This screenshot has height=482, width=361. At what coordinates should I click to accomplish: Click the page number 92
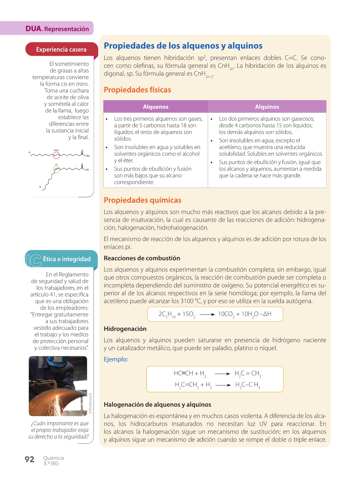29,459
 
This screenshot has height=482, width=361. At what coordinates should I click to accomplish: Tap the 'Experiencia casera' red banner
61,50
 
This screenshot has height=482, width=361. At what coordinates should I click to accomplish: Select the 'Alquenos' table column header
156,107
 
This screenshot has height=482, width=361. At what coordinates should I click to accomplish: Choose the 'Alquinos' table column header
267,107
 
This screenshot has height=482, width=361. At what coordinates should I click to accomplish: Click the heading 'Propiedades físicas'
137,90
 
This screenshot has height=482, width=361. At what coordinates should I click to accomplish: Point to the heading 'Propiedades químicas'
143,200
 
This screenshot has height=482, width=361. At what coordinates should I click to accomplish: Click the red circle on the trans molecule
56,155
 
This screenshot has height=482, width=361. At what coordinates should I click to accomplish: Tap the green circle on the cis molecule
56,169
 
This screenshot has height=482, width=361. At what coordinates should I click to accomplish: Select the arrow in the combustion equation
207,315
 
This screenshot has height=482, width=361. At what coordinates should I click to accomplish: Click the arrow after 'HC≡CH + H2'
222,374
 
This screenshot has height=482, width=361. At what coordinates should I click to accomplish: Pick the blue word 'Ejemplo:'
116,359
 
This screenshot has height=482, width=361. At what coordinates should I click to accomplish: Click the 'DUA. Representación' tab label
57,29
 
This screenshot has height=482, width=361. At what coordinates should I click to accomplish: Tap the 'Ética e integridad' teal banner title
67,259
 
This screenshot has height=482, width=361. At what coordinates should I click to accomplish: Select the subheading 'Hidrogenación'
125,329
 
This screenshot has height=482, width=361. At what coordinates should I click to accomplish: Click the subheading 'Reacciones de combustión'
142,258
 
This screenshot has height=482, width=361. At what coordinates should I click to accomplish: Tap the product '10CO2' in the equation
226,314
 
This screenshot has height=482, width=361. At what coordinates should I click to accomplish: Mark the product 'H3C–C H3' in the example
248,385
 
